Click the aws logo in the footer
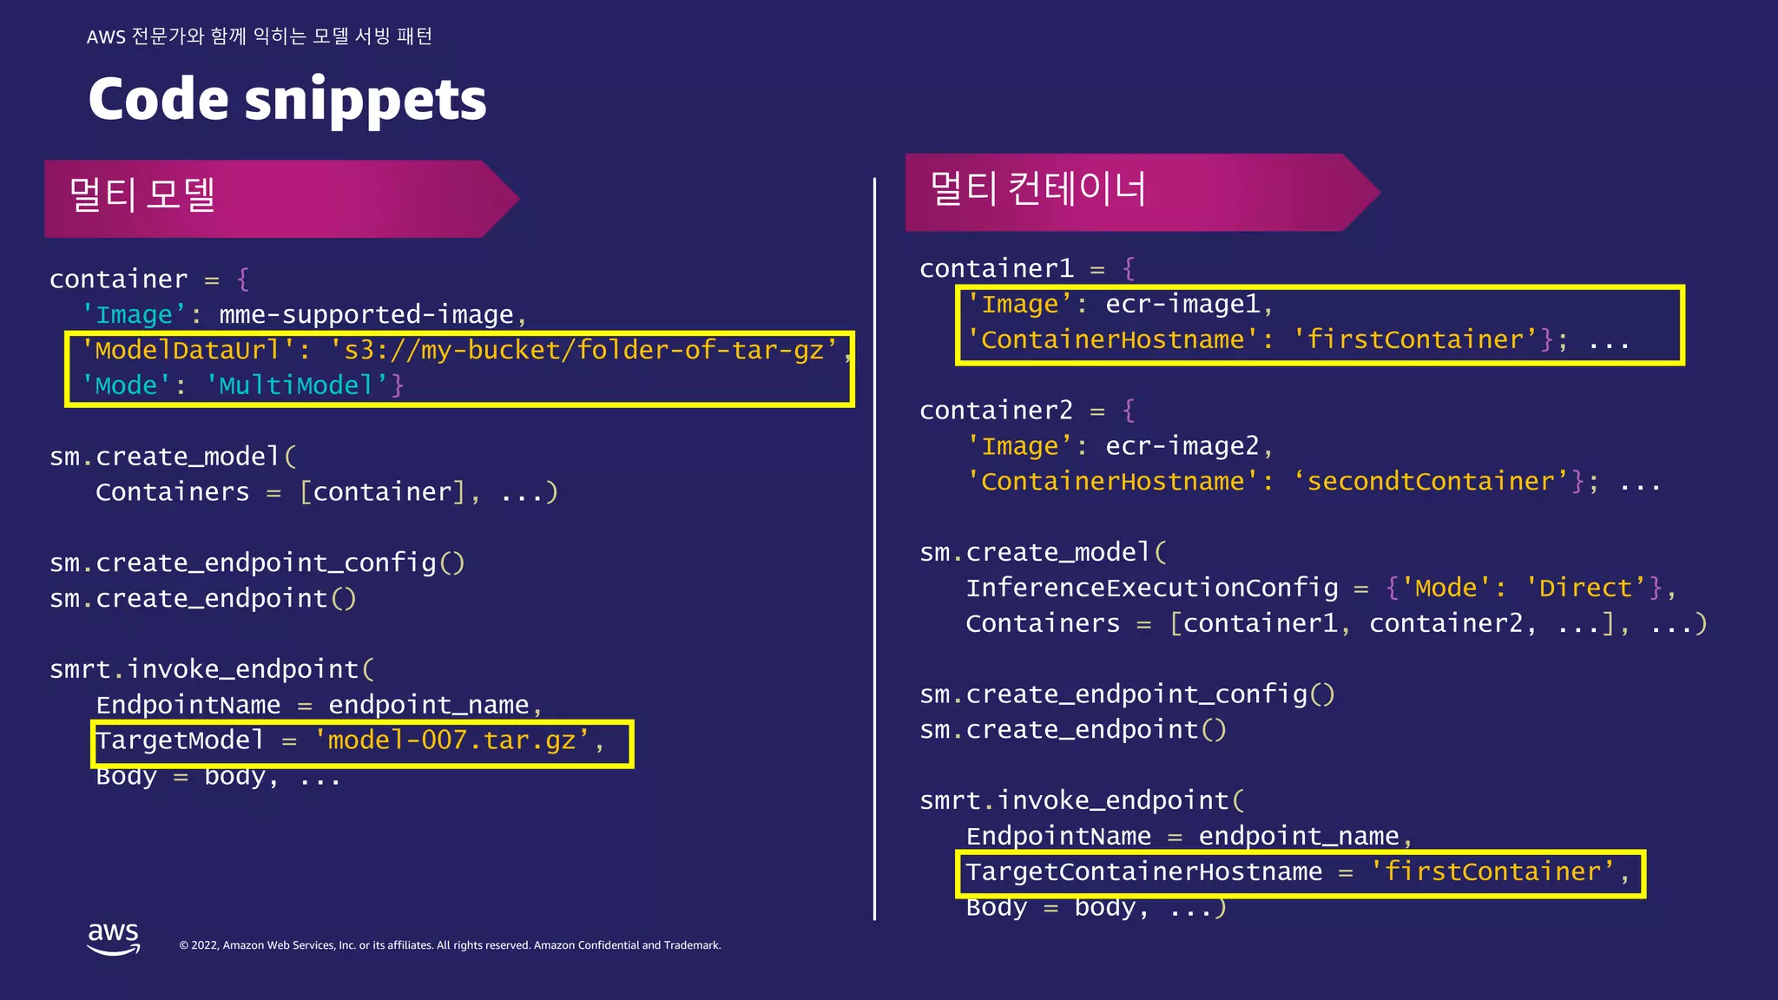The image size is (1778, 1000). (113, 937)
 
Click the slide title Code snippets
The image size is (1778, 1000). (287, 99)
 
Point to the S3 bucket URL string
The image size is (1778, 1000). (583, 350)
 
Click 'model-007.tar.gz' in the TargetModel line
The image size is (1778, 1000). (451, 740)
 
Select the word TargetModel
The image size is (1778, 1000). (180, 740)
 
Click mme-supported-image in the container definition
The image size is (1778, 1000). (366, 314)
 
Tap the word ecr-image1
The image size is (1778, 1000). (1182, 304)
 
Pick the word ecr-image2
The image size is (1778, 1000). (1182, 446)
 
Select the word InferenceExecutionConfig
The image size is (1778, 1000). (1152, 588)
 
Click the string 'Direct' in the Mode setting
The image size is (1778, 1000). (1586, 588)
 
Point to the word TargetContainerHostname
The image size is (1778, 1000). (1143, 872)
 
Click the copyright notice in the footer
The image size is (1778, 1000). (450, 945)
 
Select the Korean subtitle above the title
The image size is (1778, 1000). (260, 36)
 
